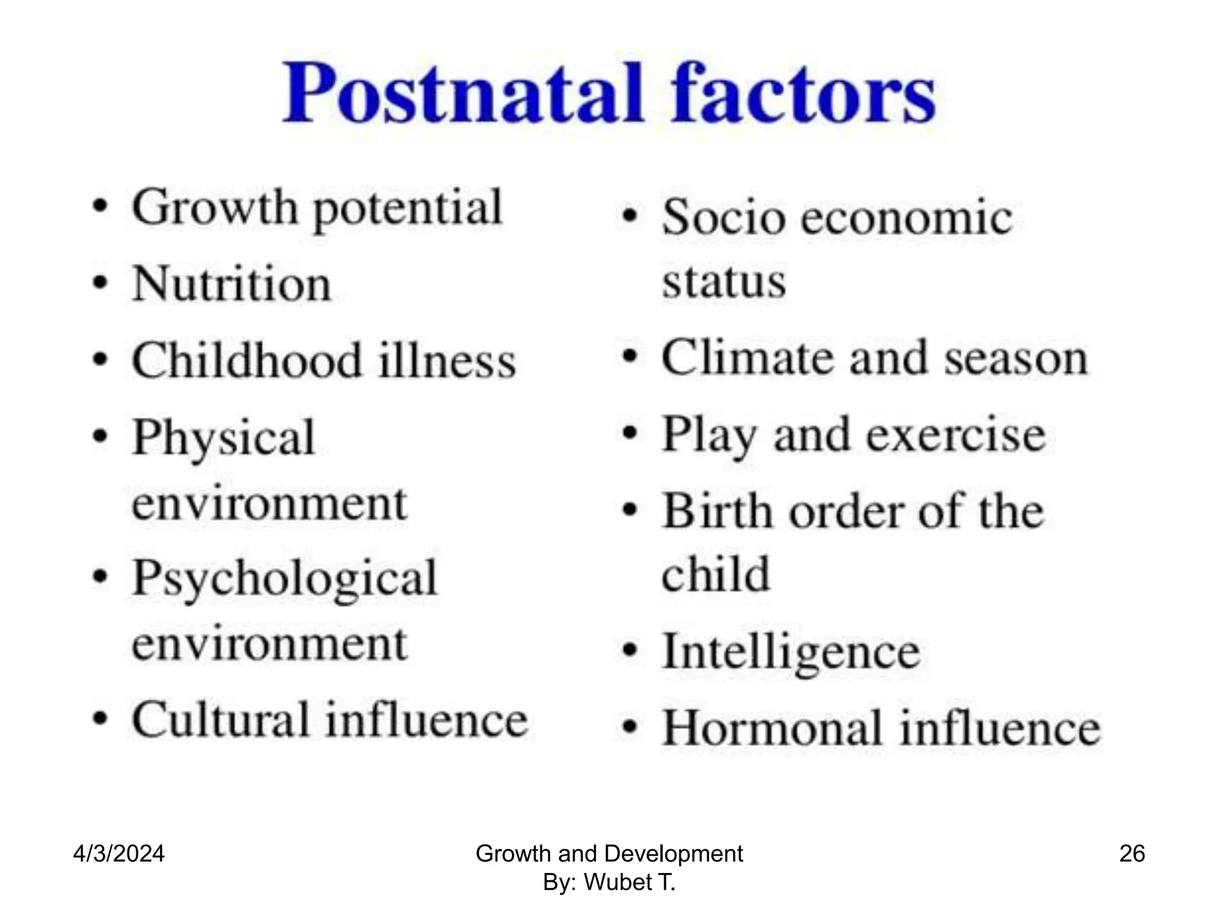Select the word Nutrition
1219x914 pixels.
point(231,284)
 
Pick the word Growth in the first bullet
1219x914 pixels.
point(214,207)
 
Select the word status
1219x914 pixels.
point(724,281)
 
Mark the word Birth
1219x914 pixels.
point(717,511)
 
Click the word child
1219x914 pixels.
point(715,574)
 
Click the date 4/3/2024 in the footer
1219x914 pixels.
point(118,854)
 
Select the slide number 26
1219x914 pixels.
point(1132,854)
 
